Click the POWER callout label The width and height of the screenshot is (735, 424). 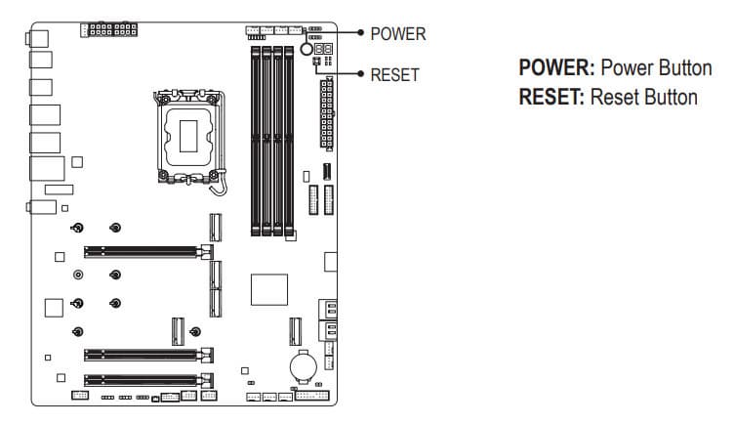click(398, 33)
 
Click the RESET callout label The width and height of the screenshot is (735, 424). click(395, 74)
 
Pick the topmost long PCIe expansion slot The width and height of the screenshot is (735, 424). click(146, 251)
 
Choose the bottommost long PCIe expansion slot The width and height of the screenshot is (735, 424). click(146, 379)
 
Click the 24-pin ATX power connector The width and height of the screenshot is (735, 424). click(326, 112)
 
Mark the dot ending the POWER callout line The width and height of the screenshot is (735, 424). click(360, 33)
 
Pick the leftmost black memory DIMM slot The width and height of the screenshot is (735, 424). click(256, 139)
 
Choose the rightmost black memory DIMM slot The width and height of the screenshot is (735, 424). click(290, 139)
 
